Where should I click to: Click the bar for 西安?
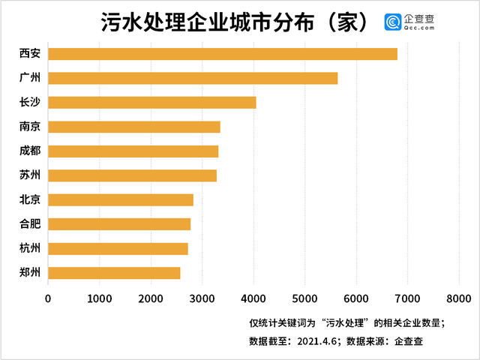click(x=223, y=54)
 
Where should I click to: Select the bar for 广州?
click(x=193, y=78)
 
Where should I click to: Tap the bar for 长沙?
click(x=152, y=103)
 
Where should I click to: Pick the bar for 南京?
click(x=134, y=127)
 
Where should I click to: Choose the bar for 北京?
click(x=121, y=199)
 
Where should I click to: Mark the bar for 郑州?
click(x=114, y=273)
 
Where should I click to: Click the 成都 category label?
click(x=30, y=151)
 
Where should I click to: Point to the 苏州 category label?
click(x=30, y=175)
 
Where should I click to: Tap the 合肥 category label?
click(x=30, y=224)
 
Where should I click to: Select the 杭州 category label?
click(x=30, y=248)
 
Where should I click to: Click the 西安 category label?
click(x=30, y=54)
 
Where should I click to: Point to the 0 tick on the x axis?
click(x=49, y=298)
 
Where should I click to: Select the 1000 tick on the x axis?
click(x=100, y=298)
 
